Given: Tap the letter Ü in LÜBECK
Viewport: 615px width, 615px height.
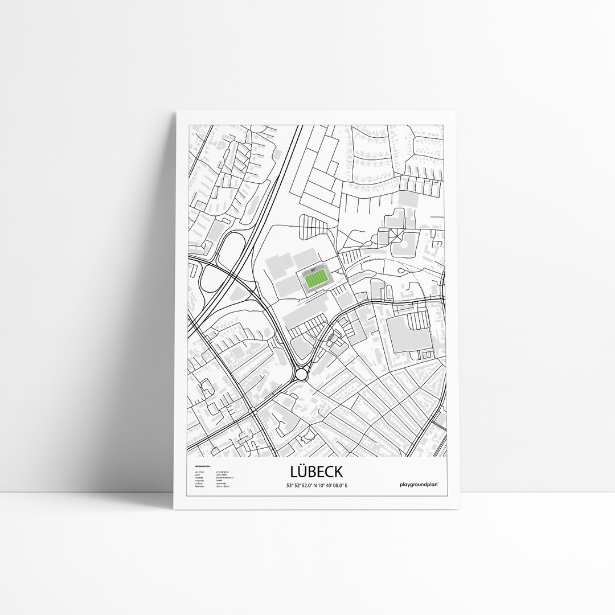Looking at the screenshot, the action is click(302, 472).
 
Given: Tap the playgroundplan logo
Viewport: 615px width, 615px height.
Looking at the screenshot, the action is click(422, 485).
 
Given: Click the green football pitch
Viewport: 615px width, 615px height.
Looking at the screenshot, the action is click(315, 279).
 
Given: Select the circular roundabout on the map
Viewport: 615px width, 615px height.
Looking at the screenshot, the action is click(301, 374).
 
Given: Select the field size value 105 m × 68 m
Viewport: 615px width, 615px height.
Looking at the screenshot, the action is click(222, 486).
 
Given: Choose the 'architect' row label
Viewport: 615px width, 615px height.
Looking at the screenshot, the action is click(199, 473).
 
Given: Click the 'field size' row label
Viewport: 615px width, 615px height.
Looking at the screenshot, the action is click(199, 486).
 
